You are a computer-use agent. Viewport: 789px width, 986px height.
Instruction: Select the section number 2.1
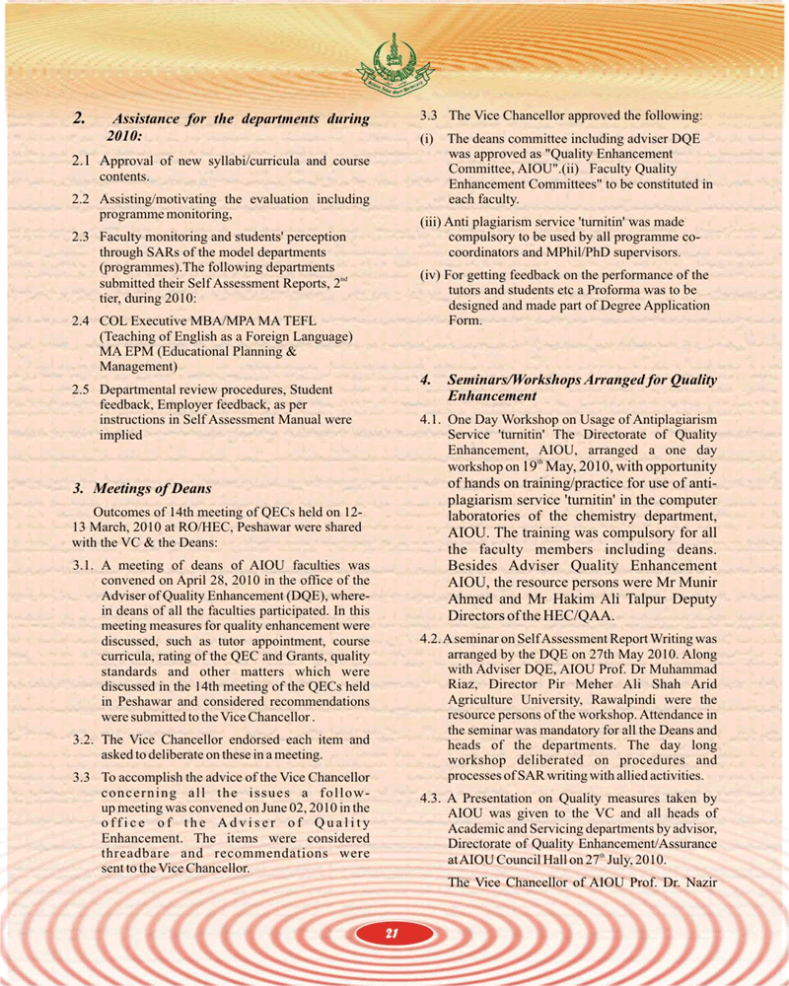click(x=83, y=161)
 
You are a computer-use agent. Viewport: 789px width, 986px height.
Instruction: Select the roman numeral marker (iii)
click(x=431, y=223)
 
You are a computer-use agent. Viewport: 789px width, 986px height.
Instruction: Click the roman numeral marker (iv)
click(x=431, y=275)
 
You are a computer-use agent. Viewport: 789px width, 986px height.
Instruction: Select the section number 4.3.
click(x=431, y=799)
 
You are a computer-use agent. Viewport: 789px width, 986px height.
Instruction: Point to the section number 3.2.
click(x=85, y=739)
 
